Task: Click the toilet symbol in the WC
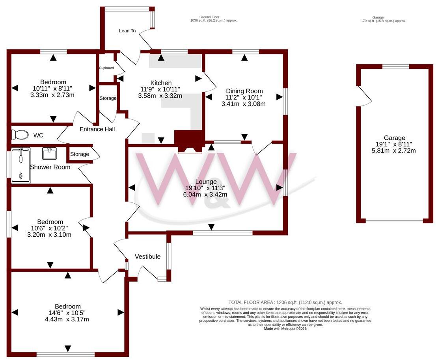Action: pos(20,135)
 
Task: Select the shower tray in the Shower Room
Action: pos(20,165)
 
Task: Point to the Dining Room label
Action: pos(243,90)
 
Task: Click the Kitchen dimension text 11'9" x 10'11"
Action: pos(161,89)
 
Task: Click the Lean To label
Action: pos(127,31)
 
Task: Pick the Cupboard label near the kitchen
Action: pos(106,68)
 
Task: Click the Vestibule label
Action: pos(147,256)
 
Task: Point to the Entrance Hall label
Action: pos(97,129)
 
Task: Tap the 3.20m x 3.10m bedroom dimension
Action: pos(49,235)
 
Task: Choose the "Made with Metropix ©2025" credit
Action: pos(285,328)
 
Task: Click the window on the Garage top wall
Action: pos(395,67)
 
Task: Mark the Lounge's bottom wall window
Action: pos(222,233)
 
